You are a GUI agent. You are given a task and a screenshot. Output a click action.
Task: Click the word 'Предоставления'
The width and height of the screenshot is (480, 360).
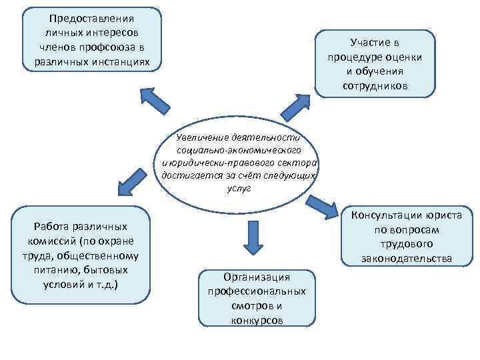(92, 19)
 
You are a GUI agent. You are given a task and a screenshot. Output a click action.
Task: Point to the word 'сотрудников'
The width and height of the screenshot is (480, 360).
(376, 87)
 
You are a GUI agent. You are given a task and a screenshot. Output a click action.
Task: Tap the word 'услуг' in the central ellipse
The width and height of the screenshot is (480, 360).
(238, 189)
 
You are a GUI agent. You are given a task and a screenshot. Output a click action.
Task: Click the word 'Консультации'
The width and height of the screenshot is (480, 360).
(385, 215)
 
